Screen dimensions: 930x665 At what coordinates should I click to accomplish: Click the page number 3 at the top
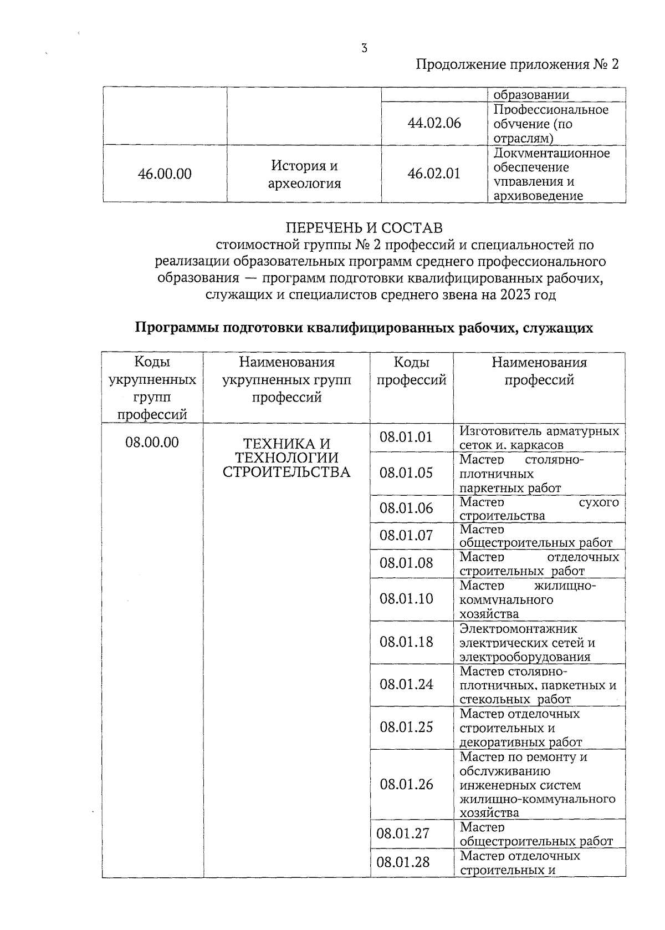(364, 48)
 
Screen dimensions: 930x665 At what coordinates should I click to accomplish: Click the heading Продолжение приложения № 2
(516, 65)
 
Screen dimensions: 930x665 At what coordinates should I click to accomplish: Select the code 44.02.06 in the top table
(434, 123)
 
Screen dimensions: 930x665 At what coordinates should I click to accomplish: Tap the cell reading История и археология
(304, 174)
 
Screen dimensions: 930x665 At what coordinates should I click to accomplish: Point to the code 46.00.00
(165, 174)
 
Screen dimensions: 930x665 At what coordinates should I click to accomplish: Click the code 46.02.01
(434, 174)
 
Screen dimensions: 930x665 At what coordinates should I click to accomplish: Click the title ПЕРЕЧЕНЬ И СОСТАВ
(364, 228)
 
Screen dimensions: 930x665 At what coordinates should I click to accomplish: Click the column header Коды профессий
(411, 371)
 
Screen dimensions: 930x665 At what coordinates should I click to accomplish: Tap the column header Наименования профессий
(539, 371)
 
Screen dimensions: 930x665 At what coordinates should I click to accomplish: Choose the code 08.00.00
(152, 443)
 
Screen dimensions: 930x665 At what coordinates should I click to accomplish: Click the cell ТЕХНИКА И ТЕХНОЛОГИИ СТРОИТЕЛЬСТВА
(287, 458)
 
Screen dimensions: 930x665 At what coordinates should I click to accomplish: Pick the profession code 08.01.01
(406, 437)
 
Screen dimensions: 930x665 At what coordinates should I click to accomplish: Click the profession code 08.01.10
(406, 599)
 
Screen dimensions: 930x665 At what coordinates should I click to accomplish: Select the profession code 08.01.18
(406, 642)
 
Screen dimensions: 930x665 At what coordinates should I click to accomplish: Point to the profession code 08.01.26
(406, 784)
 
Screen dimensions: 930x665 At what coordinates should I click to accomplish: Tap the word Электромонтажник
(518, 629)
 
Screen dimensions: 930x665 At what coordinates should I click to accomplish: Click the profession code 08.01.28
(403, 862)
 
